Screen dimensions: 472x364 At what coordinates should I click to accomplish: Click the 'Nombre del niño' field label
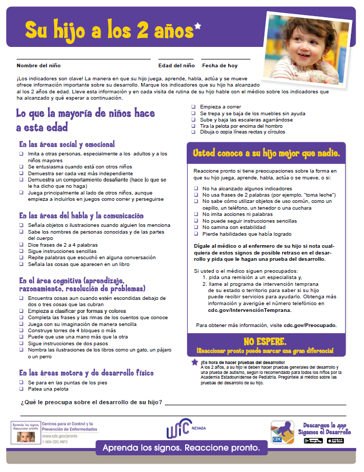tap(39, 66)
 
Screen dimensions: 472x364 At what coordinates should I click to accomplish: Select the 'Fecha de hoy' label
tap(220, 66)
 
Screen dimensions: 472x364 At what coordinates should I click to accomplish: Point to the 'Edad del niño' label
tap(176, 66)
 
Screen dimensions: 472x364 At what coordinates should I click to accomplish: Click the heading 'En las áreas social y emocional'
tap(67, 144)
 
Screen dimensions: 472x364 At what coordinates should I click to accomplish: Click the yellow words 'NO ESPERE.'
tap(265, 342)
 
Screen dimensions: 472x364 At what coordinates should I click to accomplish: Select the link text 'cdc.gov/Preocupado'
tap(310, 325)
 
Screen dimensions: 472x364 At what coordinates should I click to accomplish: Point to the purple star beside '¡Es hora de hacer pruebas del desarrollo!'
tap(195, 362)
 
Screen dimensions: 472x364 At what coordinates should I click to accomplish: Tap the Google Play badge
tap(313, 441)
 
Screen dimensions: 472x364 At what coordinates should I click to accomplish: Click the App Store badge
tap(337, 441)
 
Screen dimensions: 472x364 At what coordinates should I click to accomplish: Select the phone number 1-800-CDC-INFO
tap(56, 441)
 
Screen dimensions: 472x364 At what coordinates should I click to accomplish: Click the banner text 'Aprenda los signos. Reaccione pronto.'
tap(181, 448)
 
